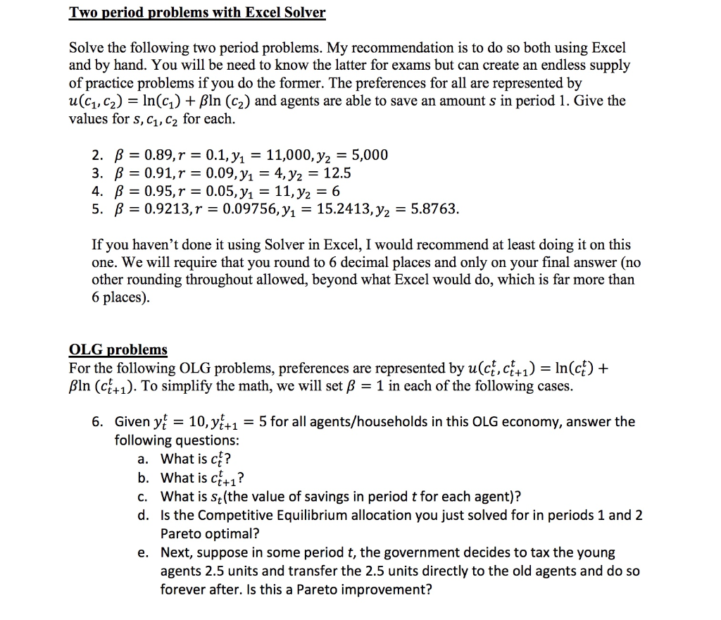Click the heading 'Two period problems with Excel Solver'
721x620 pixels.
197,13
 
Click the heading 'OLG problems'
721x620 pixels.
118,349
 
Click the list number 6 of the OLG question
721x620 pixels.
97,422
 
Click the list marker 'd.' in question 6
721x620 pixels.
144,515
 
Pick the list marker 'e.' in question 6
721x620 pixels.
144,552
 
